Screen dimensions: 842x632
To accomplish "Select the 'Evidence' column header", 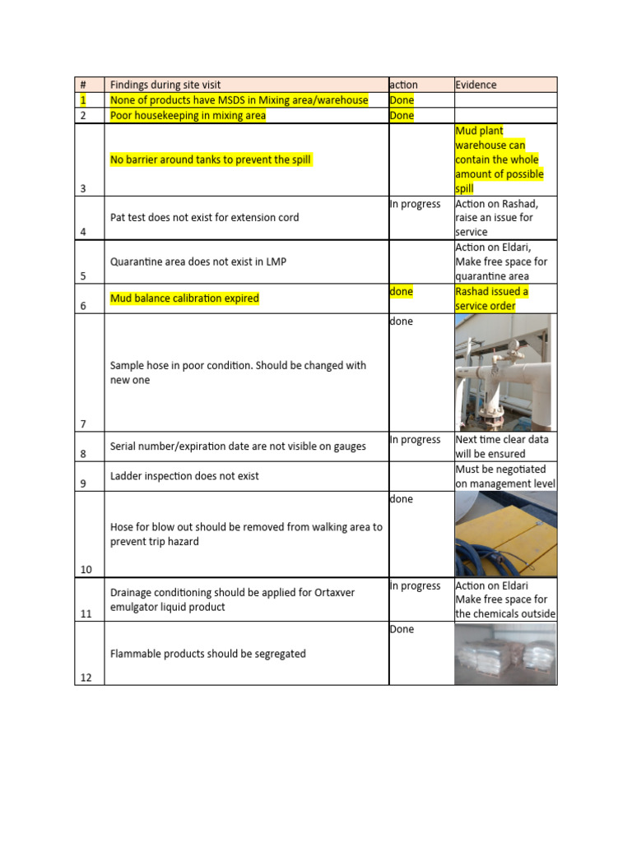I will [476, 85].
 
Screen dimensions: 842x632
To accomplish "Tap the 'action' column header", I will [403, 85].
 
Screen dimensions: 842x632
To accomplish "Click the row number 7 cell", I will [83, 423].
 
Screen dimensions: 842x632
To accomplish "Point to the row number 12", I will [86, 678].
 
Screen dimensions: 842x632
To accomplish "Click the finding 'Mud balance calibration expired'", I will [184, 298].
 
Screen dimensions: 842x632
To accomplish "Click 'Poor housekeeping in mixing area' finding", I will [188, 115].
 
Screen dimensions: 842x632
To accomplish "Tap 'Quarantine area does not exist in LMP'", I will [198, 261].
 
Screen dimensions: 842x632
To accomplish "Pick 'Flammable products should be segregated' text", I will [207, 654].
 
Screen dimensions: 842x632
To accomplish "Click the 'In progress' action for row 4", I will [415, 204].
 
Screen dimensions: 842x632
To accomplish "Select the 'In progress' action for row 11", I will [415, 585].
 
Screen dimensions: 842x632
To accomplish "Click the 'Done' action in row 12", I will [402, 629].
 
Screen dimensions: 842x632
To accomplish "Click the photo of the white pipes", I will [503, 372].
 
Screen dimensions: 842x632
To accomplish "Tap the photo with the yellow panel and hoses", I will [505, 534].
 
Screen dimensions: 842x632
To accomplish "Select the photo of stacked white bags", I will [505, 654].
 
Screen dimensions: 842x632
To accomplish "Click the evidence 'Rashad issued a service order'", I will [491, 298].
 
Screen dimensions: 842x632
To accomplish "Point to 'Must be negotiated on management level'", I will [505, 476].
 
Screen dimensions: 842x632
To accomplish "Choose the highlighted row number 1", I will [82, 100].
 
